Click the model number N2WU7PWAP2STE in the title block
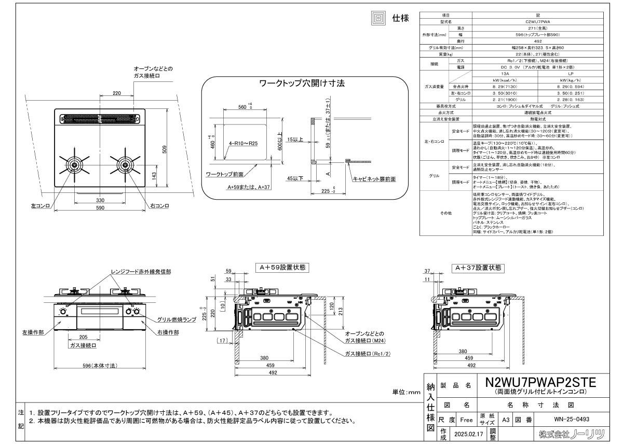(x=540, y=382)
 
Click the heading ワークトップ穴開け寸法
(x=302, y=83)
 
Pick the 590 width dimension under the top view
(x=100, y=208)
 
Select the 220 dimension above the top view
(x=117, y=93)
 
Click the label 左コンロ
(x=40, y=206)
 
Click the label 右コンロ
(x=160, y=206)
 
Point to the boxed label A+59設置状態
(x=283, y=268)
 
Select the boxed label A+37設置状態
(x=478, y=268)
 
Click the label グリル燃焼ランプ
(x=177, y=320)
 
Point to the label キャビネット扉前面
(x=374, y=179)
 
